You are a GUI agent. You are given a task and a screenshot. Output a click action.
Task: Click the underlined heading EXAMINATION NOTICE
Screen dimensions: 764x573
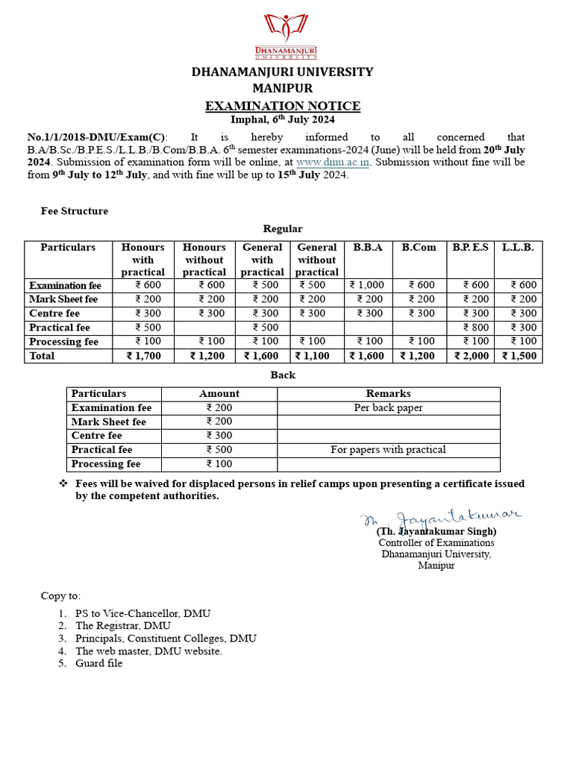[283, 106]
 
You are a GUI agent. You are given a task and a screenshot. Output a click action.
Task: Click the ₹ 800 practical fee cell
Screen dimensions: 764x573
[476, 328]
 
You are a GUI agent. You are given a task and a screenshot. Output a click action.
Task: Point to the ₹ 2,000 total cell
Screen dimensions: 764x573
[472, 356]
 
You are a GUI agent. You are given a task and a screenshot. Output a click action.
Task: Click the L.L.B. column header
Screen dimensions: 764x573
[518, 247]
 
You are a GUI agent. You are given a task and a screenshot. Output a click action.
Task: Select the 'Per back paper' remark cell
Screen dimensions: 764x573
[388, 407]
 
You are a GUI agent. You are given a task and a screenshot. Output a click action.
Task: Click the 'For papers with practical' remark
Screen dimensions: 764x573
[388, 450]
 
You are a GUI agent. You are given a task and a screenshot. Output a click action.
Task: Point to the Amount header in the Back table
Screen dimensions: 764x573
[219, 393]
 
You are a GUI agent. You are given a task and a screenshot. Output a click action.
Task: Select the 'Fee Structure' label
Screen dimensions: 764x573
[74, 211]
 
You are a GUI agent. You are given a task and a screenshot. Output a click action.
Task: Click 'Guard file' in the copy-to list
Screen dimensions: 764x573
[98, 663]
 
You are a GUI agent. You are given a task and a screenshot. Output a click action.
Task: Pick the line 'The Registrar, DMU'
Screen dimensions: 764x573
[122, 626]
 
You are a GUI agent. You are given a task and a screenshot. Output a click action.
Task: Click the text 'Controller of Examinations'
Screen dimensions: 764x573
[436, 542]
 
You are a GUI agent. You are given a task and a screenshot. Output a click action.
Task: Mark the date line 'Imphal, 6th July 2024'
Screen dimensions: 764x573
[283, 119]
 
